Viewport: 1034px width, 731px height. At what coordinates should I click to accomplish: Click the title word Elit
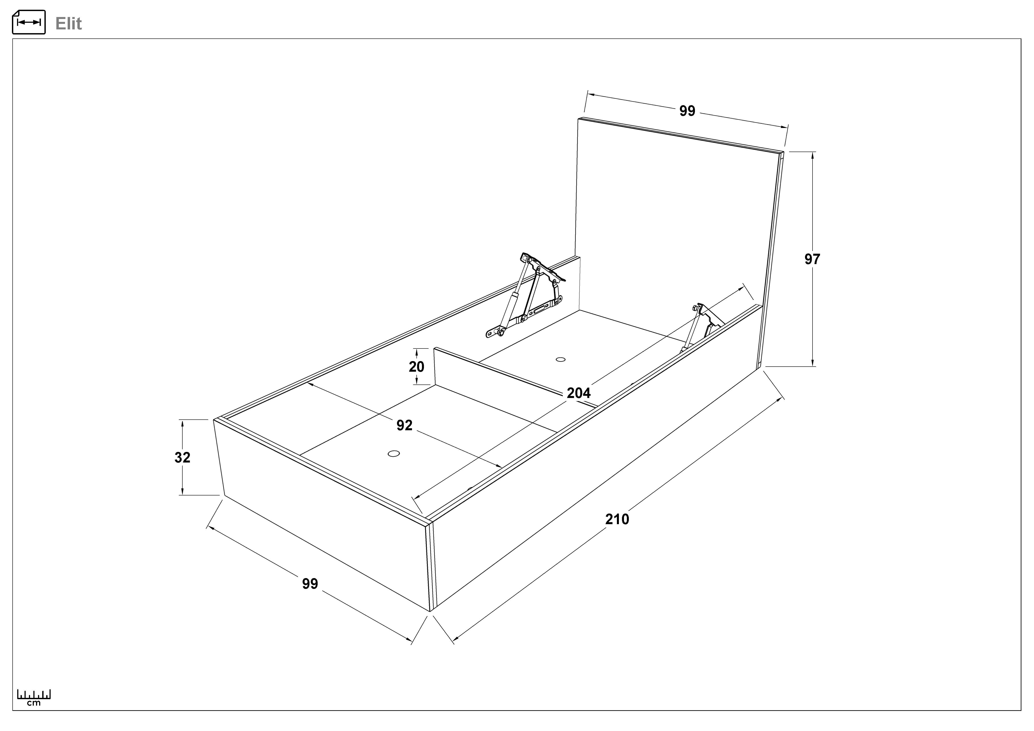pyautogui.click(x=69, y=23)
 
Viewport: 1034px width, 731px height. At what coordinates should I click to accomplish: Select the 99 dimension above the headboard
pyautogui.click(x=687, y=111)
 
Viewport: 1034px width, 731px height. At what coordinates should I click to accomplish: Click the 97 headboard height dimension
pyautogui.click(x=813, y=259)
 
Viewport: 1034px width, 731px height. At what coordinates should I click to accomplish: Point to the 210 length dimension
pyautogui.click(x=617, y=520)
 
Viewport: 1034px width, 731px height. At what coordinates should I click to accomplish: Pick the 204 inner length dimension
pyautogui.click(x=579, y=393)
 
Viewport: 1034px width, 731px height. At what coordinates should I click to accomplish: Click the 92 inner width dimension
pyautogui.click(x=404, y=425)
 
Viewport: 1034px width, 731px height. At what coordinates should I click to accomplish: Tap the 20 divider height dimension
pyautogui.click(x=417, y=367)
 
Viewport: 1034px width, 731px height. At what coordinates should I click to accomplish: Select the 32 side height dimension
pyautogui.click(x=182, y=457)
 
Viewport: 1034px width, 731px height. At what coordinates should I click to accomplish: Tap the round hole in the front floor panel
pyautogui.click(x=394, y=453)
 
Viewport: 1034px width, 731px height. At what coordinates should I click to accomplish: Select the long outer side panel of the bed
pyautogui.click(x=597, y=457)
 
